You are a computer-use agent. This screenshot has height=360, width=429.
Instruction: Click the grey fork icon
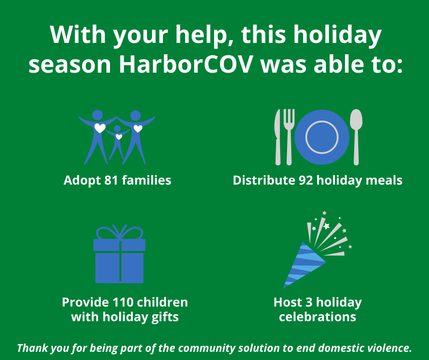click(288, 136)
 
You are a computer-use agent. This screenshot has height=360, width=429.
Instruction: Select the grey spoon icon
click(356, 136)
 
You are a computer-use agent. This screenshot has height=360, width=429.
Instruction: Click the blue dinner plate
click(322, 137)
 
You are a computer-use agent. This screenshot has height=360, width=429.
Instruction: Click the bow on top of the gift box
click(119, 232)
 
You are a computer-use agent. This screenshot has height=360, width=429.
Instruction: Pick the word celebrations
click(317, 317)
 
